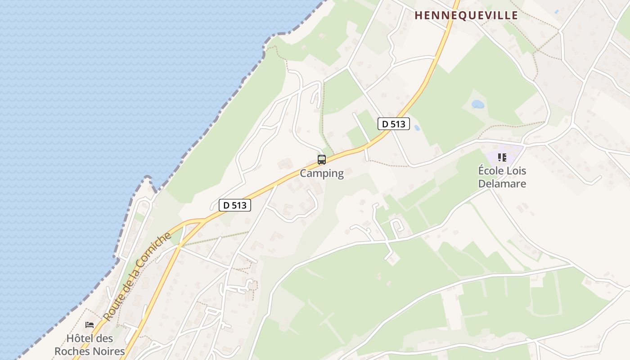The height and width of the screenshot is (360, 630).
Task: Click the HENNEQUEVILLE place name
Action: tap(466, 15)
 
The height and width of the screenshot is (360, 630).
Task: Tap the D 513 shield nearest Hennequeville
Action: tap(394, 124)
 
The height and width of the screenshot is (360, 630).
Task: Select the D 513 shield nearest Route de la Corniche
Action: tap(235, 205)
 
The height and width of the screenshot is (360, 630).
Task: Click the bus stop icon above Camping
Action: tap(322, 159)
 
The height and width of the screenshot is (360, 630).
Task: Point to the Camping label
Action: tap(322, 173)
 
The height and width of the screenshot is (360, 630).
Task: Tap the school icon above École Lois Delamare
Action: tap(502, 157)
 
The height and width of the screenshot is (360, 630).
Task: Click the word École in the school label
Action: tap(490, 171)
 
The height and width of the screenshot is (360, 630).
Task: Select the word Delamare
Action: tap(502, 184)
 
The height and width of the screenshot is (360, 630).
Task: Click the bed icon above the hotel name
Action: tap(90, 324)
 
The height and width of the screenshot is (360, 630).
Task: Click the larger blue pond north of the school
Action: tap(477, 104)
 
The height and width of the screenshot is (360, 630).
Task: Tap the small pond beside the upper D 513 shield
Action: tap(417, 128)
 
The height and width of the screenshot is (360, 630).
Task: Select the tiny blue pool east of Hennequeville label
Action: tap(557, 11)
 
